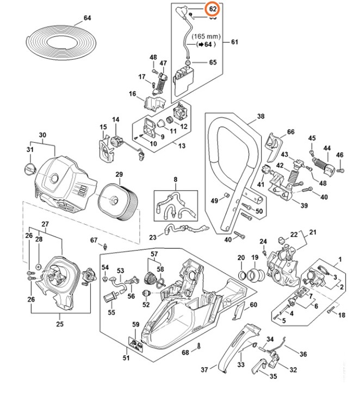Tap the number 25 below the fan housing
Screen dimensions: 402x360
click(x=59, y=324)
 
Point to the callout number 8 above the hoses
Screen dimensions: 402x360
click(x=176, y=179)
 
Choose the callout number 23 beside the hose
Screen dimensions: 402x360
click(x=153, y=236)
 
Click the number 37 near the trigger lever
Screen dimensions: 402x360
click(x=204, y=370)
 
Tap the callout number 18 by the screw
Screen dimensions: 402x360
click(x=342, y=315)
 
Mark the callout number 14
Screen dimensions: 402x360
click(x=115, y=120)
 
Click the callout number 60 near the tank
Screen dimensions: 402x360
click(x=253, y=305)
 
